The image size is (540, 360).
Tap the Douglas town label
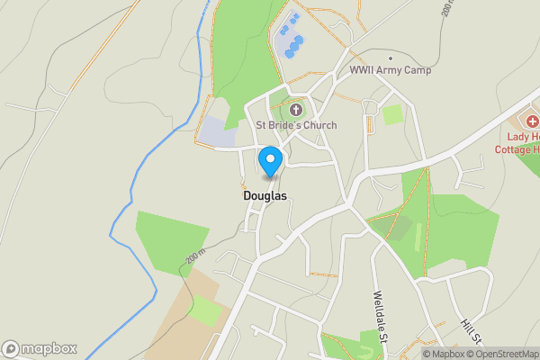tap(265, 194)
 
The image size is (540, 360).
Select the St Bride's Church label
tap(296, 125)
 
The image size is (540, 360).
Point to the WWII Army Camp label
tap(391, 70)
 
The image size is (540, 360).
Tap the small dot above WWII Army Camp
tap(391, 58)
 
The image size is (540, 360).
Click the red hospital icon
tap(532, 121)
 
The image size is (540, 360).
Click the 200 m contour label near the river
tap(196, 256)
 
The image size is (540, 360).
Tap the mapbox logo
tap(40, 348)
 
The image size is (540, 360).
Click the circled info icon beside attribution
tap(415, 354)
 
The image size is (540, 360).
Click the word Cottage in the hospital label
tap(514, 151)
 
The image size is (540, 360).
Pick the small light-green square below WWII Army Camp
tap(392, 114)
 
